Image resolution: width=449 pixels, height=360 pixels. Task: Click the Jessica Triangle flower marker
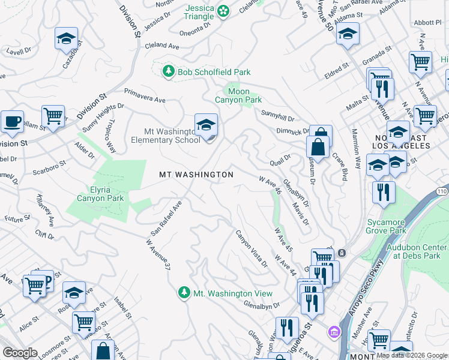point(223,11)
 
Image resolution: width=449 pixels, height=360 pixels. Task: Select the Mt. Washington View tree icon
point(184,293)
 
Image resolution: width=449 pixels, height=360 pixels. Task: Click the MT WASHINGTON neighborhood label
point(196,175)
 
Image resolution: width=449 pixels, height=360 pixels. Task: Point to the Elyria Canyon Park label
point(98,193)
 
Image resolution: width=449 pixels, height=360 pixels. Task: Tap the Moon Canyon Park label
point(239,95)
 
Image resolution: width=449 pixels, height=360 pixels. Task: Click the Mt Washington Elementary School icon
point(206,125)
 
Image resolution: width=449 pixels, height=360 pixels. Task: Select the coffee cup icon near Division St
point(12,122)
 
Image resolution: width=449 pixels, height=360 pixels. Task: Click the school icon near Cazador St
point(65,39)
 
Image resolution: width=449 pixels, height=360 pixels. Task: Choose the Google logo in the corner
point(20,353)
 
